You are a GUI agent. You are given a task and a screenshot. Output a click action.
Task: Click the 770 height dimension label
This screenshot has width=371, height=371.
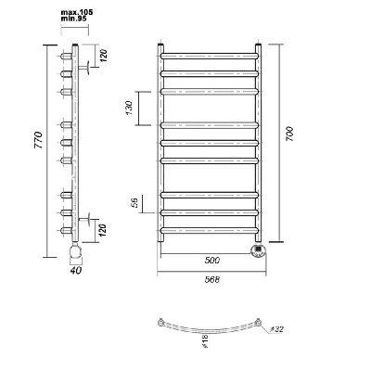pos(38,140)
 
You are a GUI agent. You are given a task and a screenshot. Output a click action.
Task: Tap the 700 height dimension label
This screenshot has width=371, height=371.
pos(289,134)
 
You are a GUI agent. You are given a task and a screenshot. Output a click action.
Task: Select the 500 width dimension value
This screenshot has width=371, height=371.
pos(212,261)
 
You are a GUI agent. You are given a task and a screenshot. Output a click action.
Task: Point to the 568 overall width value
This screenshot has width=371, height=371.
pos(212,279)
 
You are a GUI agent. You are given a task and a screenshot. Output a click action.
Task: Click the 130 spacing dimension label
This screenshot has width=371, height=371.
pos(129,108)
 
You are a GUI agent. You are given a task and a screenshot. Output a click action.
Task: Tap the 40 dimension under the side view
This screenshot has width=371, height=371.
pos(76,270)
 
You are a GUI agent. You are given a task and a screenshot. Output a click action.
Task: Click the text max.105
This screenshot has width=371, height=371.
pos(77,12)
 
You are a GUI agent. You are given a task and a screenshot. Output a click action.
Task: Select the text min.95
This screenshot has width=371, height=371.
pos(74,19)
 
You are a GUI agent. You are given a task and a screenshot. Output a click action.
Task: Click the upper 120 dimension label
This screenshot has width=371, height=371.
pos(104,56)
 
